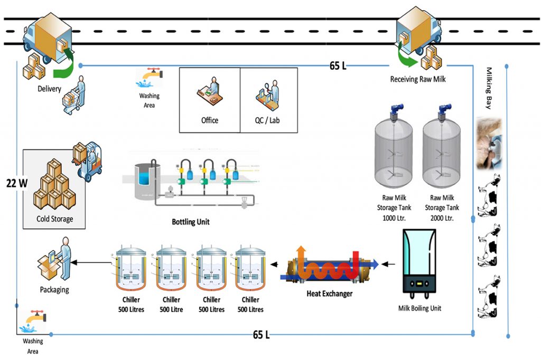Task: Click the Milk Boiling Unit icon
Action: click(419, 261)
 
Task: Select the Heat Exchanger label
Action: click(329, 293)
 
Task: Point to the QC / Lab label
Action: click(267, 120)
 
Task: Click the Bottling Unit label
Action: click(191, 222)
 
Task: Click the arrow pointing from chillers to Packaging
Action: click(90, 262)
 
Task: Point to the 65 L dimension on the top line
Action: click(338, 66)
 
